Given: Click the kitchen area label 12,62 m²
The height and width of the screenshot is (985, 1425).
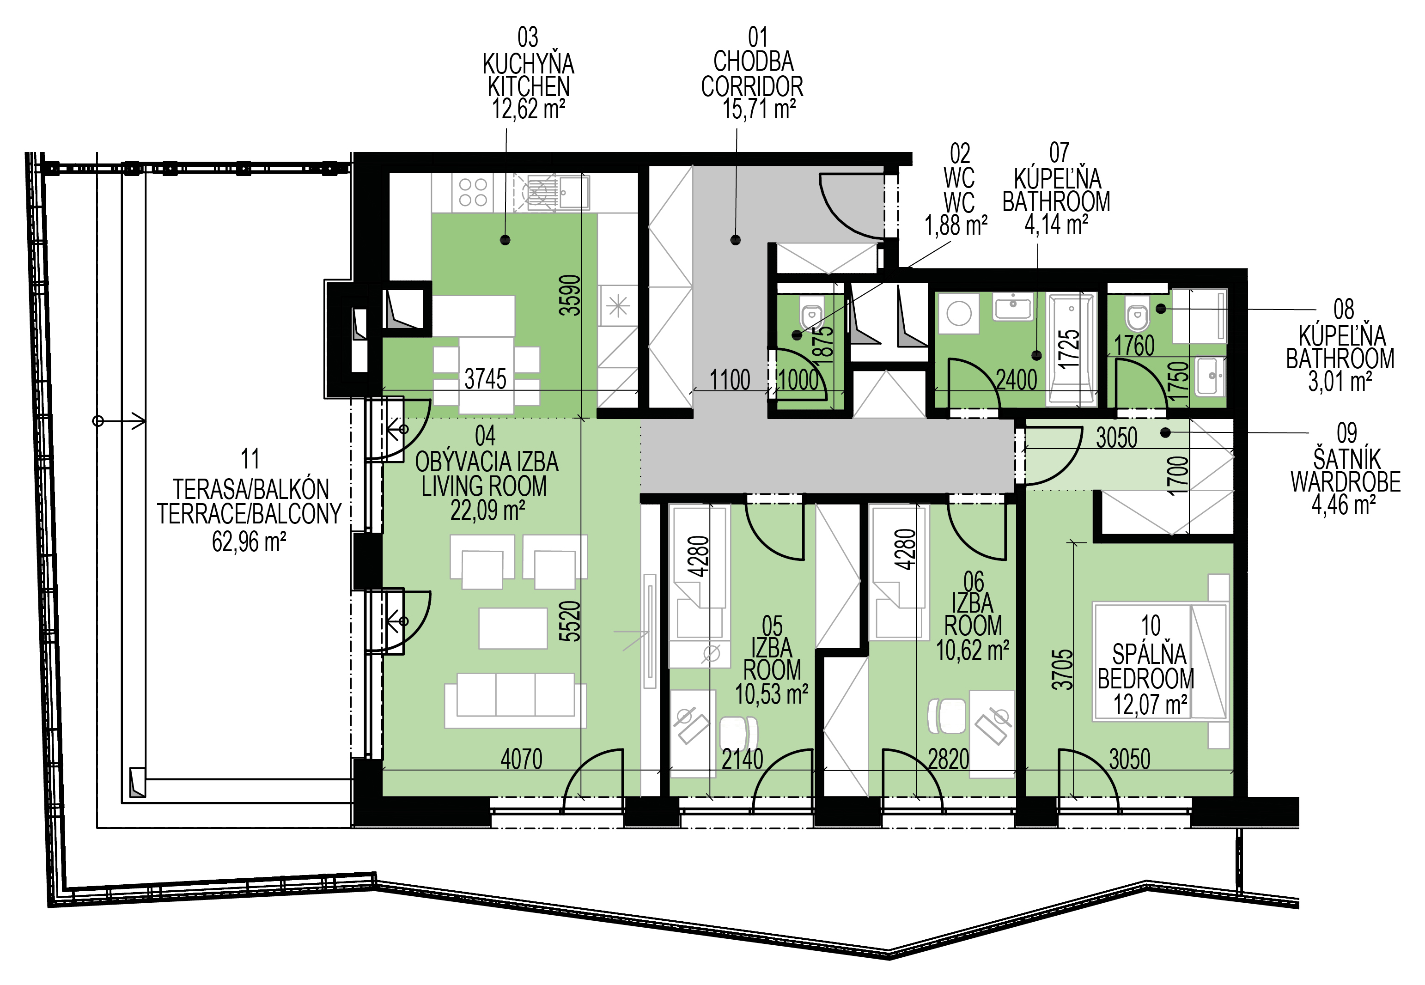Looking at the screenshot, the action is coord(528,109).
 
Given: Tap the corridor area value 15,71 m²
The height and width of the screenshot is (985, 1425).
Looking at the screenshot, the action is coord(759,109).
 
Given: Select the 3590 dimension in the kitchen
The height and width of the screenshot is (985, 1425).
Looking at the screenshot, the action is coord(570,295).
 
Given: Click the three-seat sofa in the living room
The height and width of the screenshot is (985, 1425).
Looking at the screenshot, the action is coord(515,700).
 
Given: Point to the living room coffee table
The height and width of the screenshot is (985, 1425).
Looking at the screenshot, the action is coord(513,628).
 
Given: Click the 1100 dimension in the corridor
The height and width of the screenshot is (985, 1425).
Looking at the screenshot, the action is coord(730,380).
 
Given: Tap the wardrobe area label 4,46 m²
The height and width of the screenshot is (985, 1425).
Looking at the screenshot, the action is coord(1344,505).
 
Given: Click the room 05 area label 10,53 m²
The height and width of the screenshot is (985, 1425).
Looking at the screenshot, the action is coord(772,694).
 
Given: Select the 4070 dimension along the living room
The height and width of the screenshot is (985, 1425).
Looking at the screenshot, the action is coord(522,759).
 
